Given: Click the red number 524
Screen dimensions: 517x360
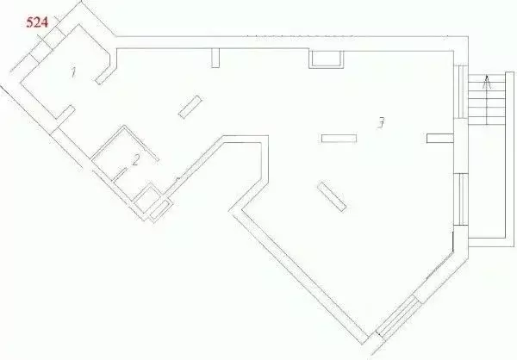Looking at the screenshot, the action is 37,22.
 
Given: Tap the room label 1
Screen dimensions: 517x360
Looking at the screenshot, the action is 73,72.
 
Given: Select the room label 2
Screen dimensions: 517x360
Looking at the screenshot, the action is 135,160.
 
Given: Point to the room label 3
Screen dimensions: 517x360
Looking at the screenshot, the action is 381,123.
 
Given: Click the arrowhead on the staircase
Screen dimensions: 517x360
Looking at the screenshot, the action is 487,82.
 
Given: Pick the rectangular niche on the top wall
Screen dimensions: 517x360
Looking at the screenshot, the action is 326,59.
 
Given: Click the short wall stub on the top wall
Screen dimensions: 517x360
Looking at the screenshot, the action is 215,58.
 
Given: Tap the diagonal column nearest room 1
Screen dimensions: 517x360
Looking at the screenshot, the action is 190,107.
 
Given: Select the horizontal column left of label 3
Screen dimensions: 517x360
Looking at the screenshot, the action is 339,139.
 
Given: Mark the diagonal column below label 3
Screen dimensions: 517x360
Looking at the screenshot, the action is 332,196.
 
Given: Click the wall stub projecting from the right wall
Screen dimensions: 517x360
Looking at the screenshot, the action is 440,138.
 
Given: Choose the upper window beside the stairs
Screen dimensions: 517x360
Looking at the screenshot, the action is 464,91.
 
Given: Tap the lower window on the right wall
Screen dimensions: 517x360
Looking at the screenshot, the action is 464,200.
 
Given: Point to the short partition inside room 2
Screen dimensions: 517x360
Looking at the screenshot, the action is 120,174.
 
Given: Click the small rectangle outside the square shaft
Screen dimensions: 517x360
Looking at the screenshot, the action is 160,210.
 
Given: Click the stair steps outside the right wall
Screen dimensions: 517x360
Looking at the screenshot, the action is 486,100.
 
